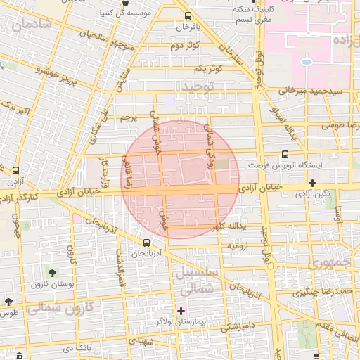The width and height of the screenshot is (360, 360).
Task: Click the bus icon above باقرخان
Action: click(x=187, y=15)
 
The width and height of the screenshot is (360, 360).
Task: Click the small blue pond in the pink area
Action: click(x=306, y=62)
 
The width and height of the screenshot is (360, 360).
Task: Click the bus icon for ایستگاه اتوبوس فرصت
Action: click(x=285, y=154)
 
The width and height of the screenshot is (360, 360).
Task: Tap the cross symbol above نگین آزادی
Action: click(x=313, y=182)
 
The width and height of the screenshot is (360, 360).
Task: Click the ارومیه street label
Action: click(x=236, y=247)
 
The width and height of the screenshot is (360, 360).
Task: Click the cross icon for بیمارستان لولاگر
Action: click(x=181, y=310)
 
